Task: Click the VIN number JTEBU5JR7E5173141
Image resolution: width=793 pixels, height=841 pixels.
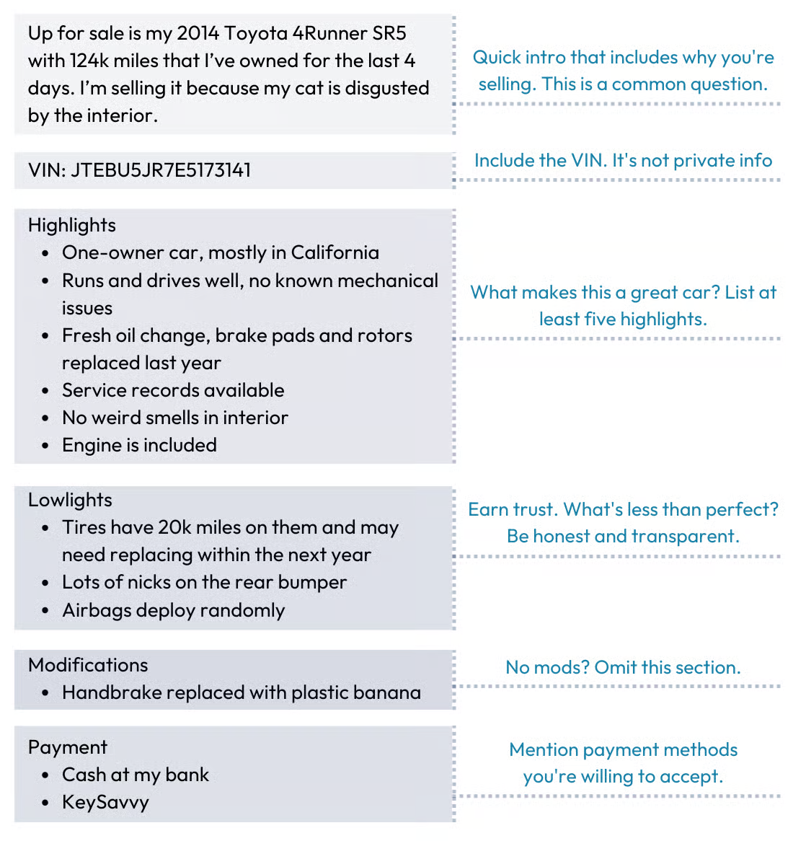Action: [x=161, y=170]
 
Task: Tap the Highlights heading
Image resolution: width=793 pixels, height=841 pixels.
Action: [x=72, y=225]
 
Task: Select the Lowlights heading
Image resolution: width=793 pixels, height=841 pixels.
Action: [x=70, y=500]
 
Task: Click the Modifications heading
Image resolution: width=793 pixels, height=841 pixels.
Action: [x=88, y=665]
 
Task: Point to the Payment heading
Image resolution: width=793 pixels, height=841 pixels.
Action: [x=68, y=747]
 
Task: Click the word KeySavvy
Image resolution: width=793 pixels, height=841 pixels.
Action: [x=105, y=802]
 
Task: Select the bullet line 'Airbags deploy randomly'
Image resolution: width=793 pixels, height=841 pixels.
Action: [x=173, y=610]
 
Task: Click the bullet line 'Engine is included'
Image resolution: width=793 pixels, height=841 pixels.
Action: [x=139, y=445]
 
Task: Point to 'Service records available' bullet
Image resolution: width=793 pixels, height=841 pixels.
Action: [x=173, y=390]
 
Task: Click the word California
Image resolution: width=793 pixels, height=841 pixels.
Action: [x=335, y=252]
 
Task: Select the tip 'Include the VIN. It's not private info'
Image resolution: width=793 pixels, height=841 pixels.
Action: [x=623, y=160]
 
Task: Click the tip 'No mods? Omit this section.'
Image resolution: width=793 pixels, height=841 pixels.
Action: [x=623, y=667]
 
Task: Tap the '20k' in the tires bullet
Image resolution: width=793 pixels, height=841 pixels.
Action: [x=174, y=527]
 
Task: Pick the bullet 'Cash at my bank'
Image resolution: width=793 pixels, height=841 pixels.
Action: [x=136, y=775]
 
